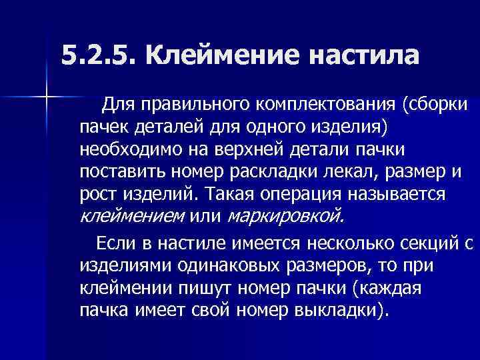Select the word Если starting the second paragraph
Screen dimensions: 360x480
click(115, 241)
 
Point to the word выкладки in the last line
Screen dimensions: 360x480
click(339, 310)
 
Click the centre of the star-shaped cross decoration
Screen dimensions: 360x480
click(47, 98)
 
